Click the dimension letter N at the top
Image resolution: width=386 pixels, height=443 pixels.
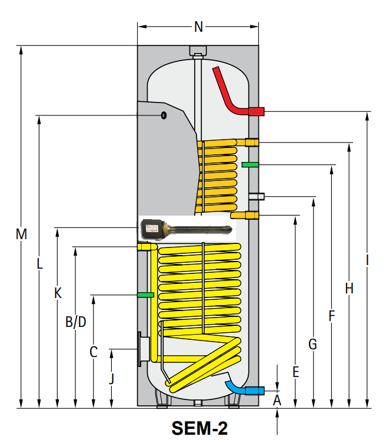click(x=198, y=26)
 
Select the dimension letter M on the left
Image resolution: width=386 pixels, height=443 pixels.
click(x=21, y=234)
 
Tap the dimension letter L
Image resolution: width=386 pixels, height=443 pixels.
click(x=39, y=265)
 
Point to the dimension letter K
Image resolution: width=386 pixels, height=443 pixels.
click(x=58, y=293)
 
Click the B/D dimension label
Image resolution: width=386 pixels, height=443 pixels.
click(x=76, y=322)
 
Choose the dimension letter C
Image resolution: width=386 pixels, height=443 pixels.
click(x=94, y=352)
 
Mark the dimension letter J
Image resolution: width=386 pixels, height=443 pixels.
click(x=112, y=378)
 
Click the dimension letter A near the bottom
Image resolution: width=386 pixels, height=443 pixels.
click(x=278, y=401)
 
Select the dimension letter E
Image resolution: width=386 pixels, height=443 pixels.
click(x=296, y=372)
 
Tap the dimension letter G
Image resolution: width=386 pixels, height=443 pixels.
click(x=313, y=344)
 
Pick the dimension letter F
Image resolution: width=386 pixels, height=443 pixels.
click(x=332, y=316)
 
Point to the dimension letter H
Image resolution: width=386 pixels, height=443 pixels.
click(x=350, y=288)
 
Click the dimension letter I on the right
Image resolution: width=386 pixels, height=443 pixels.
click(x=367, y=260)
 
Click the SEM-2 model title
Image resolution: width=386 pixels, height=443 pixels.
click(x=199, y=428)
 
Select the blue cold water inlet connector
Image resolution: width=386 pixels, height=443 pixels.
click(x=255, y=390)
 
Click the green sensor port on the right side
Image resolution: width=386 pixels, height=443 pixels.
click(x=250, y=164)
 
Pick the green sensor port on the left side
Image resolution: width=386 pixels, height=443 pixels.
click(x=145, y=294)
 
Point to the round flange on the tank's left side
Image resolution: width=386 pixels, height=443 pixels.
click(x=142, y=350)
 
